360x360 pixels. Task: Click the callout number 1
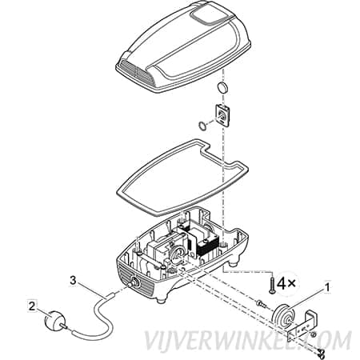tap(327, 287)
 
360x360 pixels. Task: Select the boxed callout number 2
tap(32, 306)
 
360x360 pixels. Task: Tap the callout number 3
tap(74, 281)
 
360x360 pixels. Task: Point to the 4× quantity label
tap(286, 283)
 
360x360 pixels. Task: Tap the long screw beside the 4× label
tap(272, 286)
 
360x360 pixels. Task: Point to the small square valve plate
tap(222, 114)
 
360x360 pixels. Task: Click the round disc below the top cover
tap(222, 87)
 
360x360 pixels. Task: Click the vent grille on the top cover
tap(137, 71)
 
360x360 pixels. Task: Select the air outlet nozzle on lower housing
tap(133, 283)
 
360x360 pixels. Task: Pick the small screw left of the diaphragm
tap(261, 303)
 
